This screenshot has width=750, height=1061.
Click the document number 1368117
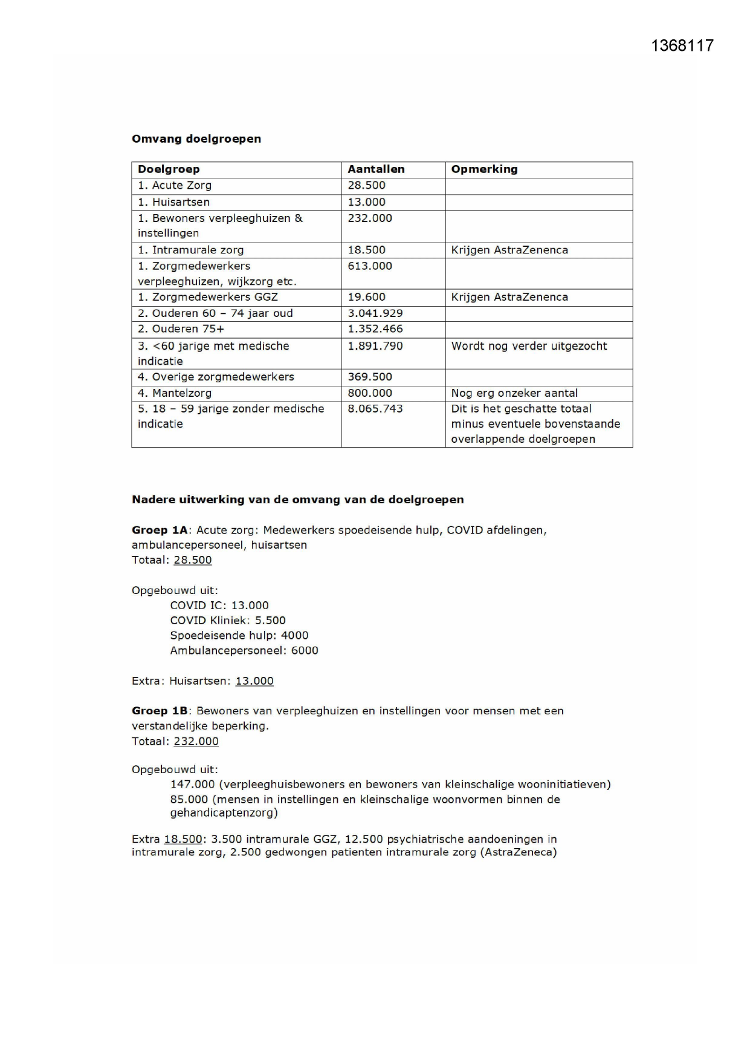click(682, 46)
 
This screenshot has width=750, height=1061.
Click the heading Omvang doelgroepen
click(196, 139)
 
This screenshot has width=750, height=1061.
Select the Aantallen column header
click(376, 169)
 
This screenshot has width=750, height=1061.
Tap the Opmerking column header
click(484, 169)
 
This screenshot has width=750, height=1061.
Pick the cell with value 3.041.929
click(375, 313)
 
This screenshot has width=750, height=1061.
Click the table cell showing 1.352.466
click(375, 329)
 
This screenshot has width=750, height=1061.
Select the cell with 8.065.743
click(375, 409)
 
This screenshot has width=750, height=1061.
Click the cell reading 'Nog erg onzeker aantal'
click(514, 393)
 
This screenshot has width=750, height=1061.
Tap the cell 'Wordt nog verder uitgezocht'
click(529, 346)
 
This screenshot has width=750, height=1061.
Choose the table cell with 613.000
click(370, 266)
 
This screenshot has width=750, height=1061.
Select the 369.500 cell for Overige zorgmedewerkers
click(370, 377)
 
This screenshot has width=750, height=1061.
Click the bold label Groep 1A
click(160, 530)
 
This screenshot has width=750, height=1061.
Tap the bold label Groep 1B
click(160, 711)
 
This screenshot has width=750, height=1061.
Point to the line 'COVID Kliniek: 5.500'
click(228, 621)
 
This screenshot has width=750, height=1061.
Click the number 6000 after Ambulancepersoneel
click(305, 651)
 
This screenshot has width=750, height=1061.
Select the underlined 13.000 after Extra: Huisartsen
click(254, 681)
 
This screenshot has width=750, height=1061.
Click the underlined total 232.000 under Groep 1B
click(196, 742)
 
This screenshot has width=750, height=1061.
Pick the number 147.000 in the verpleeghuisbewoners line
click(192, 785)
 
